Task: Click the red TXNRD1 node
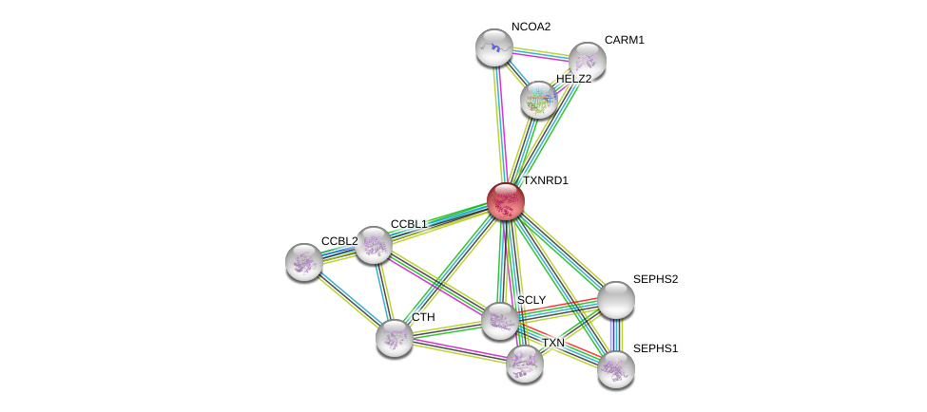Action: [505, 201]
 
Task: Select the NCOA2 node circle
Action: [493, 47]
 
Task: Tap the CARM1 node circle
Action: [587, 61]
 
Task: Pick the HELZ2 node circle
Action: [539, 100]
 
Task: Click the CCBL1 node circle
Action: [373, 245]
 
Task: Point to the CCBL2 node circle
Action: [304, 262]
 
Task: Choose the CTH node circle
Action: [394, 337]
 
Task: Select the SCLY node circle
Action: [499, 321]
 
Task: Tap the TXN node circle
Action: [524, 363]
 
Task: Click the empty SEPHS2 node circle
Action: [615, 300]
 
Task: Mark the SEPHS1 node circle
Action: [615, 369]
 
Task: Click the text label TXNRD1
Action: [546, 180]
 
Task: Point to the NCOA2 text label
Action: [531, 27]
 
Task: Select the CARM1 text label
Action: [624, 40]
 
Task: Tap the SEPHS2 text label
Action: [655, 279]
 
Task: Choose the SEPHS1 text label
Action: [655, 348]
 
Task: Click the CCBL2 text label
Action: [339, 241]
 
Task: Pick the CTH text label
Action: [423, 317]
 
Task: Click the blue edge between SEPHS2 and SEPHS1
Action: [615, 335]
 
